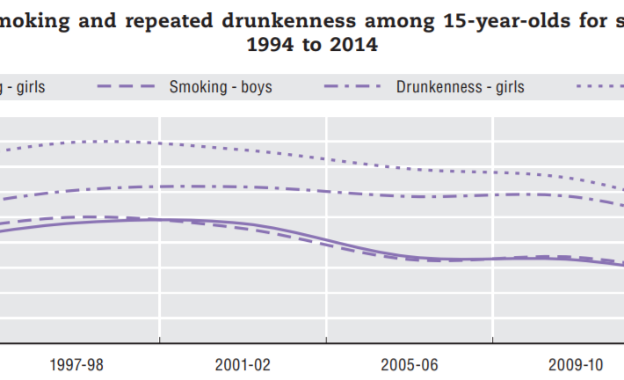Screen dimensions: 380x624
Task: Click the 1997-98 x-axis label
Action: pyautogui.click(x=76, y=364)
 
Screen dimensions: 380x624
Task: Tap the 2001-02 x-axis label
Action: pyautogui.click(x=243, y=364)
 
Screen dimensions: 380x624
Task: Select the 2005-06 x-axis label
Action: pyautogui.click(x=410, y=364)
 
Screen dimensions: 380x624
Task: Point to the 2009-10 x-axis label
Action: pyautogui.click(x=577, y=364)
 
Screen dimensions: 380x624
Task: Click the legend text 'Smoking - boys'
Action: pyautogui.click(x=220, y=87)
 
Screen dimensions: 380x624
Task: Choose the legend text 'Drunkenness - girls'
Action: pyautogui.click(x=460, y=87)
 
